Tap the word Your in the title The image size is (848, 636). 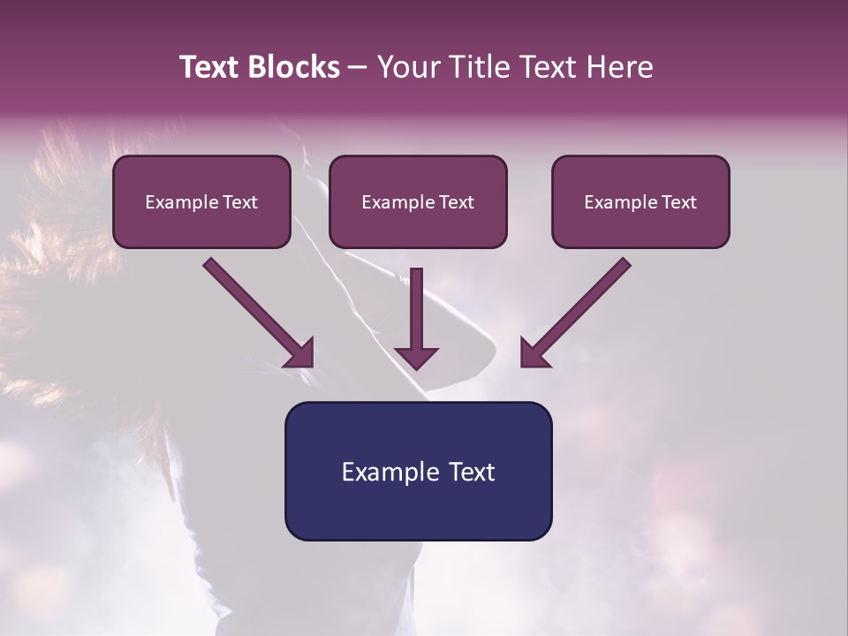click(x=404, y=67)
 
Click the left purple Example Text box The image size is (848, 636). click(x=201, y=201)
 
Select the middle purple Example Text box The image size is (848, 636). click(x=418, y=201)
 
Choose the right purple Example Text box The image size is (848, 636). click(x=640, y=201)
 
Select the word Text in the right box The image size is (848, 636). click(x=678, y=202)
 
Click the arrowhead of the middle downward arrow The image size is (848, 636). click(x=416, y=357)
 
